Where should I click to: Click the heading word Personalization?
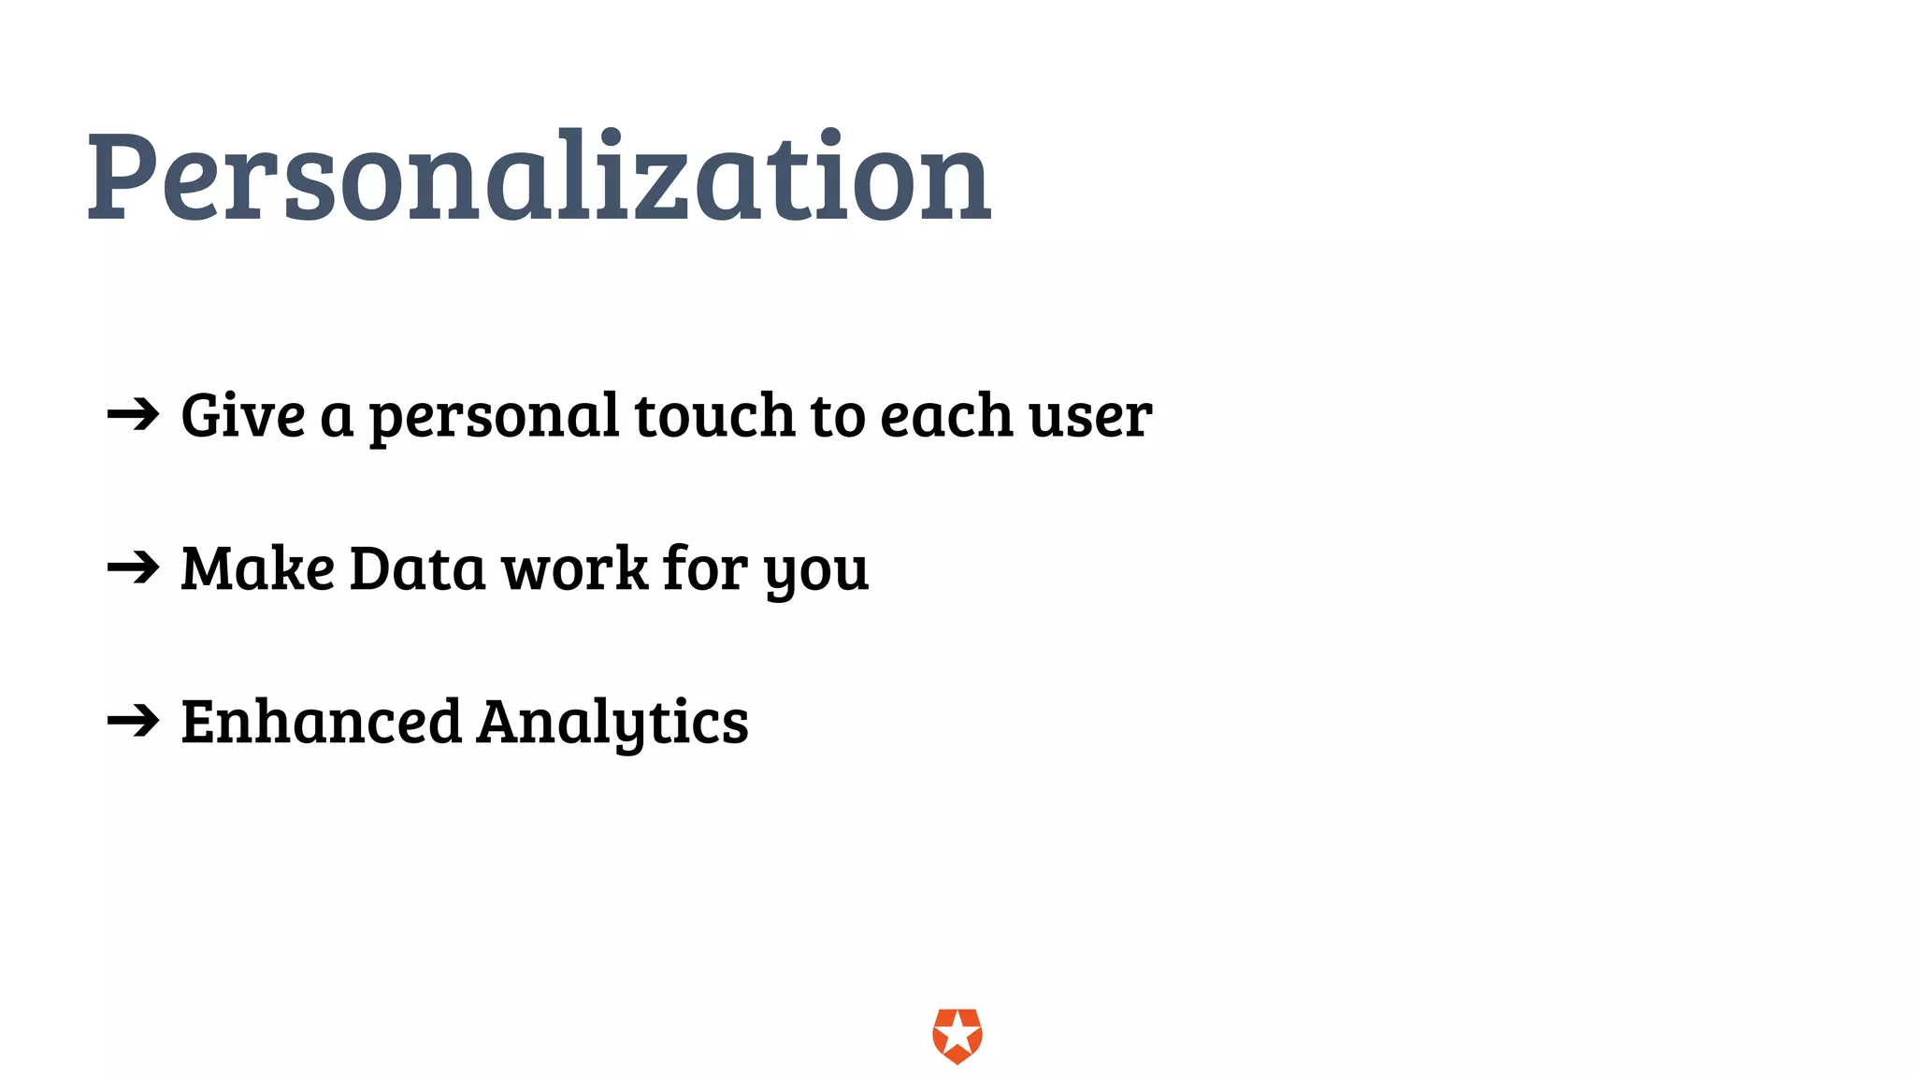[539, 178]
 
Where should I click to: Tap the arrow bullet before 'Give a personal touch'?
[133, 414]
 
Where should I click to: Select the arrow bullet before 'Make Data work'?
[133, 567]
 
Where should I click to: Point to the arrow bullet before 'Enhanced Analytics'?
[133, 720]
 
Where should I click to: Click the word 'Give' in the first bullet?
[242, 415]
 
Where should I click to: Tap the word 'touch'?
[714, 415]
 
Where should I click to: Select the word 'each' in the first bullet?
[945, 417]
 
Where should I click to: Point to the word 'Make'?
[257, 568]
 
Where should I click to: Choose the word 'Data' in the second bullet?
[417, 568]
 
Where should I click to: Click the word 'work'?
[574, 568]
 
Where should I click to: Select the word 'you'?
[816, 572]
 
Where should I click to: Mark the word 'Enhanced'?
[321, 722]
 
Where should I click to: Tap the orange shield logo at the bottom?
[957, 1036]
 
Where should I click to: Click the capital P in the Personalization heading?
[121, 178]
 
